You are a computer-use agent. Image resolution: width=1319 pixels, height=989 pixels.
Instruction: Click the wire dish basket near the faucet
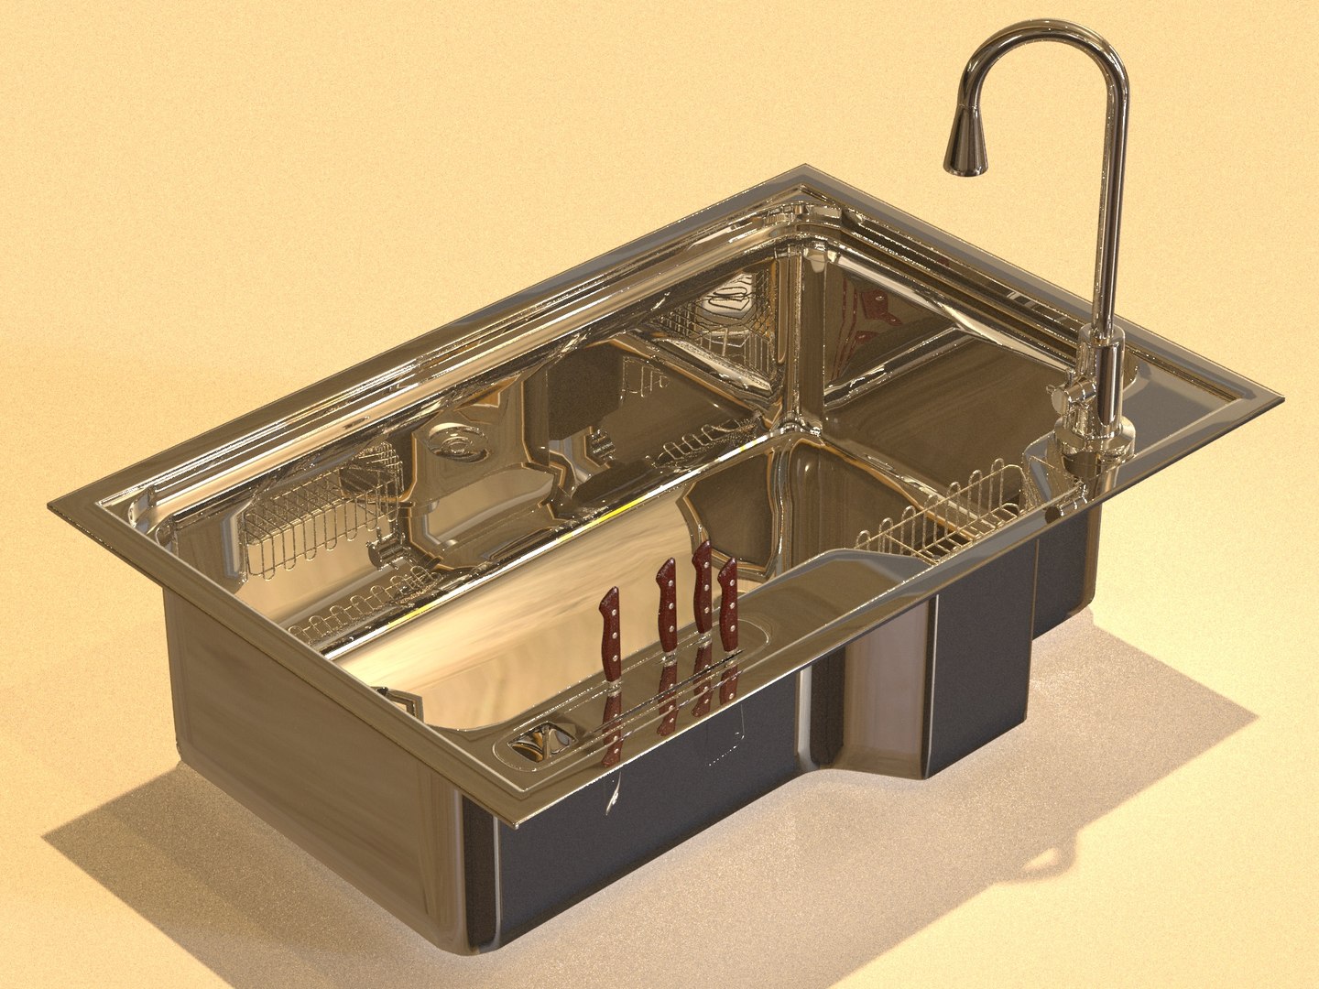pos(943,517)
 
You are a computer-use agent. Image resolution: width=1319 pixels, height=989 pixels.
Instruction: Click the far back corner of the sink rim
pos(806,170)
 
